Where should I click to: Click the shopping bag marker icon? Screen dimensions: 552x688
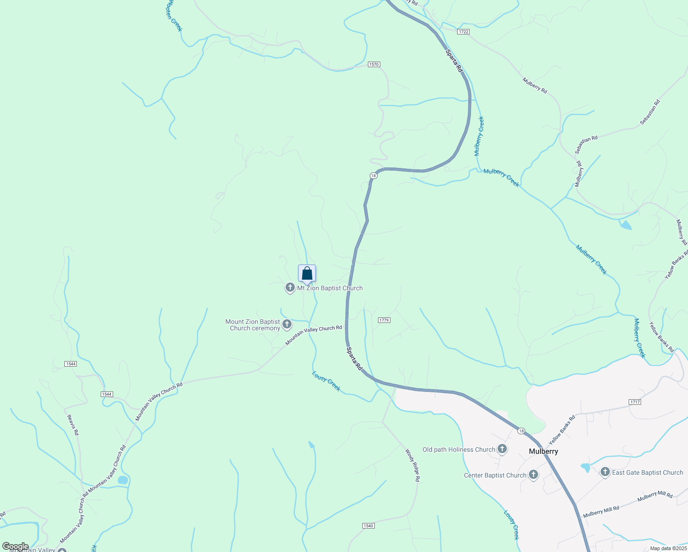(307, 274)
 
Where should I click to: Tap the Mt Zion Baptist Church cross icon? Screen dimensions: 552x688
(290, 288)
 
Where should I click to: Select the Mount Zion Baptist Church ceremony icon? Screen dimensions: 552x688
(287, 324)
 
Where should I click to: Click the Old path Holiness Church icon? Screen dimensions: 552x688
(502, 449)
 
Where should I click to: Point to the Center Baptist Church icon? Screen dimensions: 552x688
(533, 475)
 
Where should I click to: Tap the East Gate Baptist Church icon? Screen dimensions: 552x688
(605, 472)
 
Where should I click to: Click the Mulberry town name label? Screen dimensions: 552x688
(543, 451)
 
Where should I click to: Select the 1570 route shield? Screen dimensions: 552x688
(374, 64)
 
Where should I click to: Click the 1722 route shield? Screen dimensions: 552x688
(463, 31)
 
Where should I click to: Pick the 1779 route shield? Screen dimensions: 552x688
(384, 320)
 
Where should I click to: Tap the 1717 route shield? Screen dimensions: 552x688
(635, 402)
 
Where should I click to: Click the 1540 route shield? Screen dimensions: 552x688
(368, 526)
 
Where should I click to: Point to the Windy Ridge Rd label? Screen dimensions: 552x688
(413, 465)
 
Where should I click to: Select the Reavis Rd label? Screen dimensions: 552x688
(73, 425)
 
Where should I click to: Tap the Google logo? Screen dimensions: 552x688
(15, 546)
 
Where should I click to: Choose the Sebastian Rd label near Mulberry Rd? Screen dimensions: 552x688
(586, 144)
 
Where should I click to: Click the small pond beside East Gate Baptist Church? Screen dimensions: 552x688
(585, 468)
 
